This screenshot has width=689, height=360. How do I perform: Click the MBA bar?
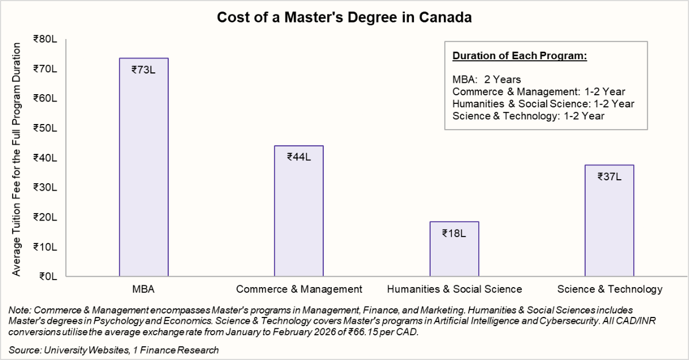pos(144,172)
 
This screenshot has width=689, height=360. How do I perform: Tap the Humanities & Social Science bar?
pos(454,253)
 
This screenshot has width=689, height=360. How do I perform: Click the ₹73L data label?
pos(144,70)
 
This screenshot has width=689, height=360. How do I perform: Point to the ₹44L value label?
pos(299,157)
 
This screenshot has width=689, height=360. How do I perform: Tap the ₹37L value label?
pos(609,176)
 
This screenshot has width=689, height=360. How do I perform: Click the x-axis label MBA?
pos(144,289)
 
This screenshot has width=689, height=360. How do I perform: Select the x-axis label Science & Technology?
pos(609,289)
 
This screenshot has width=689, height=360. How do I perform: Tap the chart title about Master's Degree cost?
pos(344,18)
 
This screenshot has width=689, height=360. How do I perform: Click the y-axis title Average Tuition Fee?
pos(17,158)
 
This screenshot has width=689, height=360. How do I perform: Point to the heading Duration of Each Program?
pos(520,56)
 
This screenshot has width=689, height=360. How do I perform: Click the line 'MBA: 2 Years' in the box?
pos(486,79)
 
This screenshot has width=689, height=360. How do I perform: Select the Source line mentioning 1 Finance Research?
pos(114,350)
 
